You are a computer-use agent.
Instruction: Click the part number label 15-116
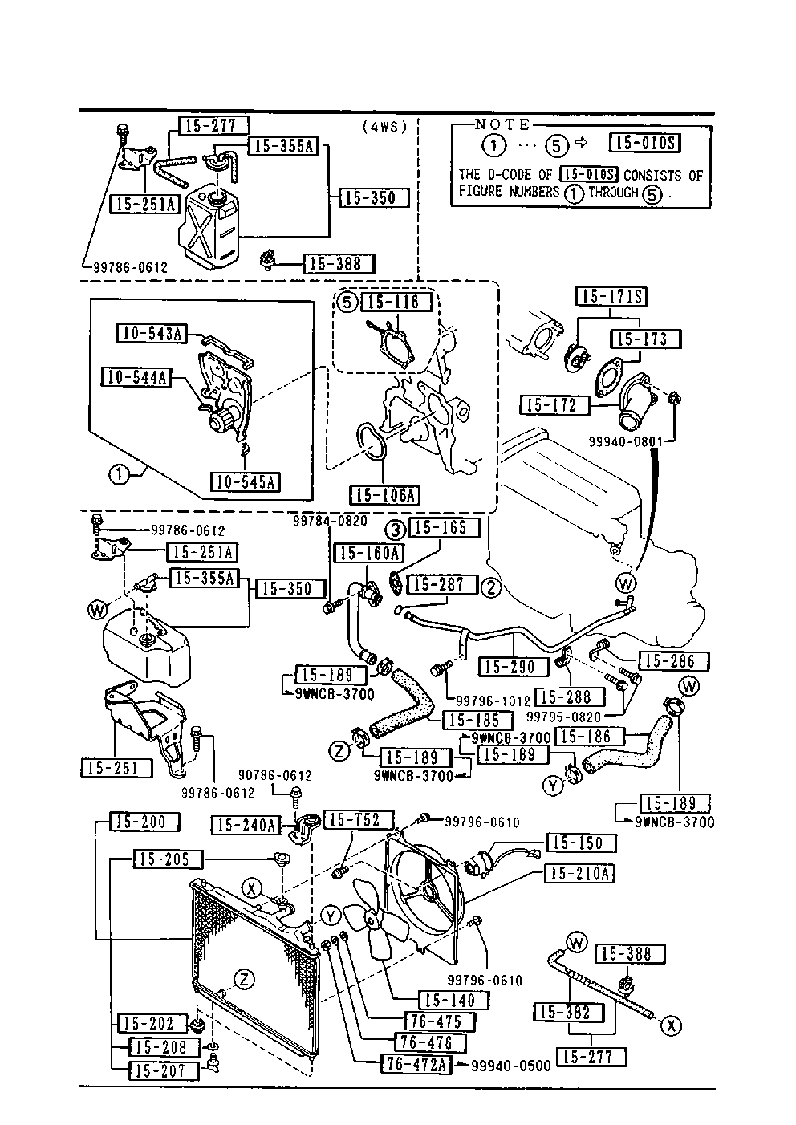click(400, 302)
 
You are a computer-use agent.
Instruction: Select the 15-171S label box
click(611, 297)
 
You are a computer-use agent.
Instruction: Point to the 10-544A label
click(135, 376)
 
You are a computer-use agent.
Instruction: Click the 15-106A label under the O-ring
click(384, 494)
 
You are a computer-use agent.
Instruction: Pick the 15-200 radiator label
click(137, 822)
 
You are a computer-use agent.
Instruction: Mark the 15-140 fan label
click(452, 1000)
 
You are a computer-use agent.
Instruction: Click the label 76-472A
click(416, 1065)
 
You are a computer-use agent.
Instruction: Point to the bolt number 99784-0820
click(329, 522)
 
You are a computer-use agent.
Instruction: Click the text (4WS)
click(384, 126)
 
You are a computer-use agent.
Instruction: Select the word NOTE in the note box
click(502, 124)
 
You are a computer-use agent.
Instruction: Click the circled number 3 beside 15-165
click(396, 529)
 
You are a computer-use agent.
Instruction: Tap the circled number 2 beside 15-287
click(491, 587)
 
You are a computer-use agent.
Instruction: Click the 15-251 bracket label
click(116, 768)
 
